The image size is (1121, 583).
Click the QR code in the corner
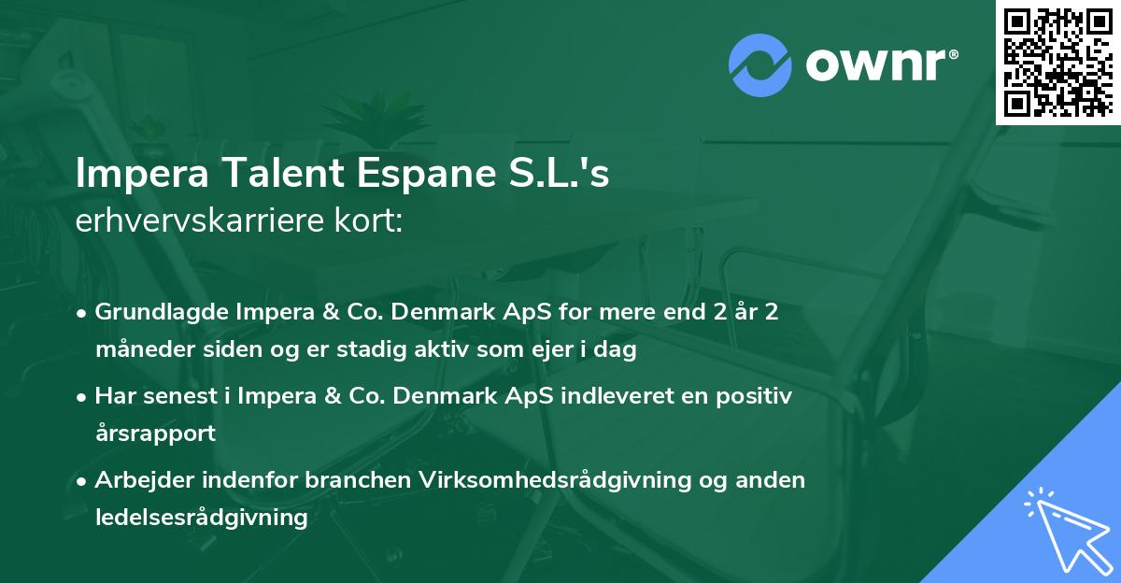[1057, 62]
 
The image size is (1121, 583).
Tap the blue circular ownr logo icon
[760, 64]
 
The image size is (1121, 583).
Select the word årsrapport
[154, 434]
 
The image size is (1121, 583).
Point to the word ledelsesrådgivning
[201, 517]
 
